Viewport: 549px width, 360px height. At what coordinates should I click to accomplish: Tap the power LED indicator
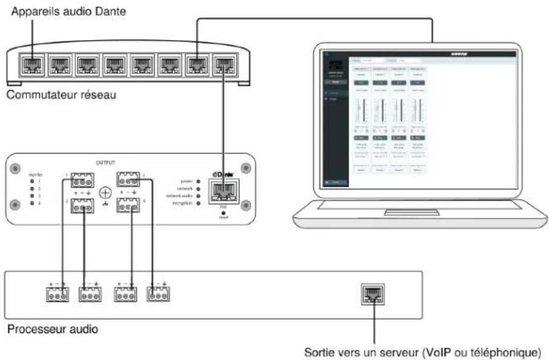click(x=199, y=182)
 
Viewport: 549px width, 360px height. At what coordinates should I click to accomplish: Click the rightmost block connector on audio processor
click(x=158, y=295)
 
